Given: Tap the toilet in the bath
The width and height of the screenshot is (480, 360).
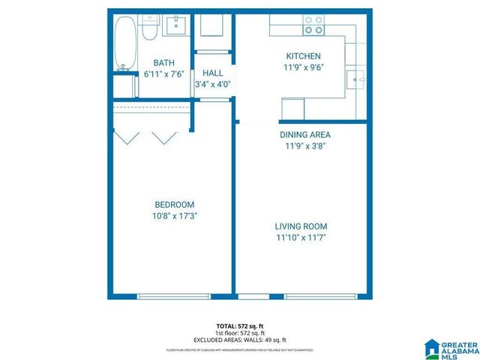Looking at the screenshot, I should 148,28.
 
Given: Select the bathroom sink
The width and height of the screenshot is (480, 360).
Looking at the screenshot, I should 176,25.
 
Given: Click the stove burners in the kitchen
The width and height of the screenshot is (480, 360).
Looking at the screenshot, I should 313,25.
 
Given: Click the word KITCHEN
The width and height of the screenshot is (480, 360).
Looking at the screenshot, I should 304,56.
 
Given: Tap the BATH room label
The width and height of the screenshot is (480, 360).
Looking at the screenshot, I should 163,63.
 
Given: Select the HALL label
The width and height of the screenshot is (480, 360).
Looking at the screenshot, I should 212,73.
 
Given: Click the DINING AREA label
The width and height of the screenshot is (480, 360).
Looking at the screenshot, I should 304,135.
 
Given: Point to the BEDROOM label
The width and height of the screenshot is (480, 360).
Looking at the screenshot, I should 174,205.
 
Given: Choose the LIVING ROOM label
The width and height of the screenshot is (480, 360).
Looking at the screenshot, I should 301,226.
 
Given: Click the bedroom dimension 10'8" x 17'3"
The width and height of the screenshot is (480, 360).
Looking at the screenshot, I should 175,216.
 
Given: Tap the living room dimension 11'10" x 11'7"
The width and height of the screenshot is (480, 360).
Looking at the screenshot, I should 301,238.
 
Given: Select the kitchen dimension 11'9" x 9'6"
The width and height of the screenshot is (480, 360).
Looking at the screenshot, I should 304,67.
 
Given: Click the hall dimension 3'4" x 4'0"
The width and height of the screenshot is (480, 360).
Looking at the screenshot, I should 212,84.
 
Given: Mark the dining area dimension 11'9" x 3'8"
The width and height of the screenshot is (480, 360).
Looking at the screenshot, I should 304,146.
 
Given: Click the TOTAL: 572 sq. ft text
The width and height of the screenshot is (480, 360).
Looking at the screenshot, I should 239,325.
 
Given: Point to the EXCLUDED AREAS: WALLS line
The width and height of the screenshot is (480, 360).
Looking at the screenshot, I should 239,340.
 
